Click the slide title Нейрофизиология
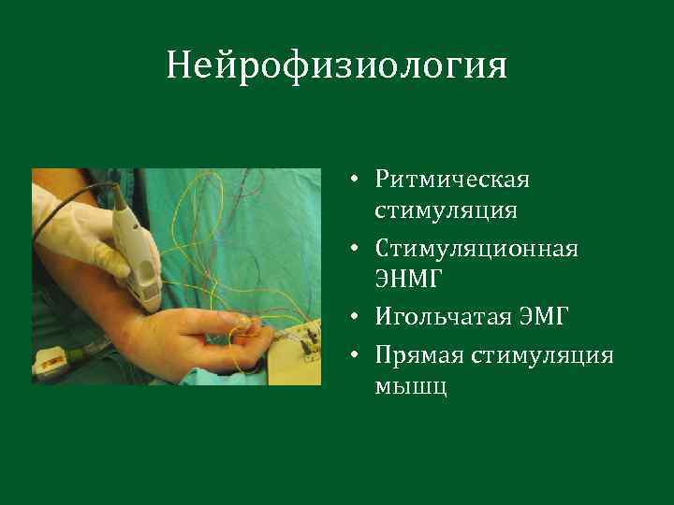click(336, 66)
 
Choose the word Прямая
click(418, 354)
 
